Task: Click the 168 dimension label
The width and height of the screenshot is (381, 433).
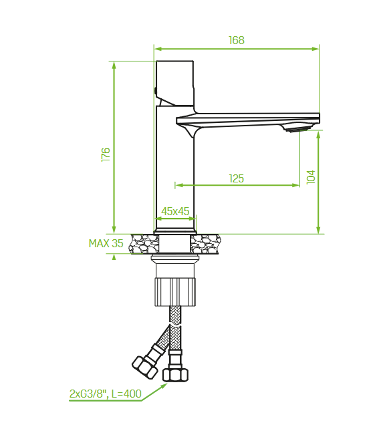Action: pyautogui.click(x=237, y=40)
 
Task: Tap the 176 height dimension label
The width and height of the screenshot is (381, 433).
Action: pyautogui.click(x=106, y=154)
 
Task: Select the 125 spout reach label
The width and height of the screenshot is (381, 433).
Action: pyautogui.click(x=237, y=178)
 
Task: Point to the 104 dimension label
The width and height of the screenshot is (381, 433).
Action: pyautogui.click(x=311, y=177)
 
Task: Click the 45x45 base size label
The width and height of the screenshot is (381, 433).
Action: pyautogui.click(x=175, y=212)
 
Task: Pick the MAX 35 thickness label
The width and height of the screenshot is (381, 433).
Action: pyautogui.click(x=106, y=243)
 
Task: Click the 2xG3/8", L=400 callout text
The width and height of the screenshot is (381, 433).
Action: pyautogui.click(x=105, y=394)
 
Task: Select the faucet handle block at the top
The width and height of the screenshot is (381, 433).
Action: pyautogui.click(x=174, y=83)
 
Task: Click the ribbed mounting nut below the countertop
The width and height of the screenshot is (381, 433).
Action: pyautogui.click(x=175, y=292)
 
